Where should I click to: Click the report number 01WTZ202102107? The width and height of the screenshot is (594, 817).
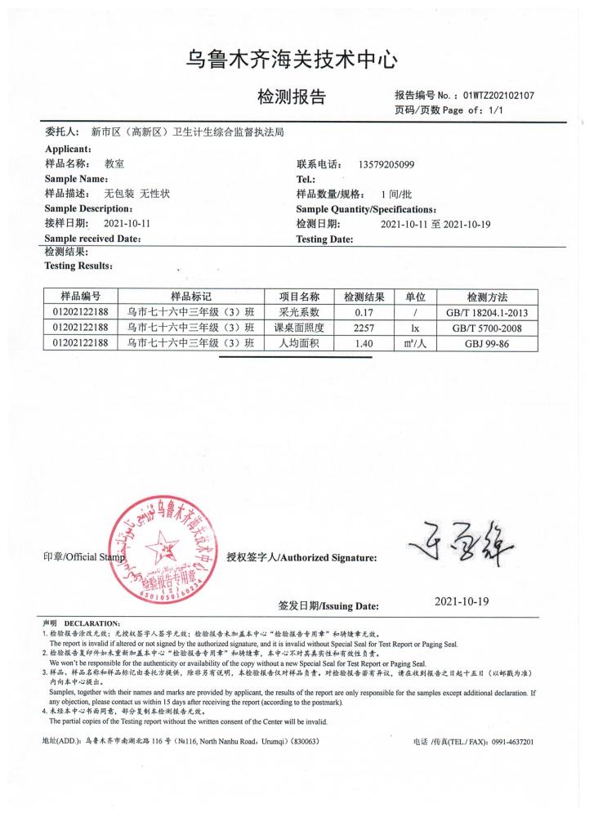498,95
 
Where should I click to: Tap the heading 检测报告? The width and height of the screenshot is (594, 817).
292,98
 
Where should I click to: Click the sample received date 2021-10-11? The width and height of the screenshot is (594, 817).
127,223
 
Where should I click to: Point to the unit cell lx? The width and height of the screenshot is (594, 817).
416,328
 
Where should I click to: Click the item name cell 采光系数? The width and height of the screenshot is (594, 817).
298,312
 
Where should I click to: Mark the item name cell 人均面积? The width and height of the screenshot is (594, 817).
298,344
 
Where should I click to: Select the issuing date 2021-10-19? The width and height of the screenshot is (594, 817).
462,602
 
